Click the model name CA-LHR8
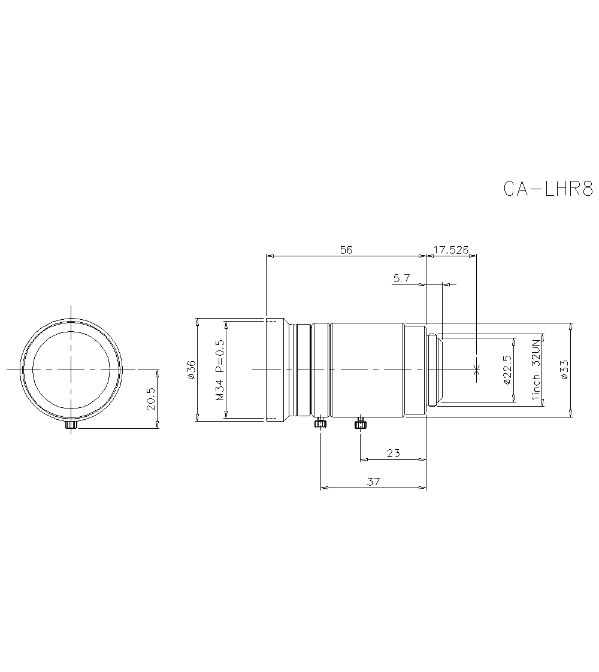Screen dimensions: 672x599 click(x=547, y=189)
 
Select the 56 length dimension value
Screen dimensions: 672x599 click(x=346, y=250)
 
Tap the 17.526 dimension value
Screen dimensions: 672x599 click(x=450, y=250)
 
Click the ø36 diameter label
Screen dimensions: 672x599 click(x=191, y=370)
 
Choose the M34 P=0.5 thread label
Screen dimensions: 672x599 click(x=219, y=370)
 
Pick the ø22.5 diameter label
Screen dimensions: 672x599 click(x=507, y=370)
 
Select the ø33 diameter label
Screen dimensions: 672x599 click(x=564, y=370)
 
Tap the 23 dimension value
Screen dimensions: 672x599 click(x=393, y=453)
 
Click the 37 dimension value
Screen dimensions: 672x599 click(x=373, y=482)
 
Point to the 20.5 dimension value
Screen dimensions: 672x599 click(x=150, y=398)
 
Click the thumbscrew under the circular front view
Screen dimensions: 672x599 click(x=71, y=425)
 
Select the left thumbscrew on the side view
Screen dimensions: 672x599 click(x=320, y=424)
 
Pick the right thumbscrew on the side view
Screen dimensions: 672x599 click(x=360, y=425)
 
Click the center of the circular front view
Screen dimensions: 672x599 click(x=71, y=370)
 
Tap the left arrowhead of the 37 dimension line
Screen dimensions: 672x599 click(x=324, y=488)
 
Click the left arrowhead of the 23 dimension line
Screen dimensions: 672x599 click(x=363, y=460)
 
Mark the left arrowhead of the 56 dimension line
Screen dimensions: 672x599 click(x=269, y=256)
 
